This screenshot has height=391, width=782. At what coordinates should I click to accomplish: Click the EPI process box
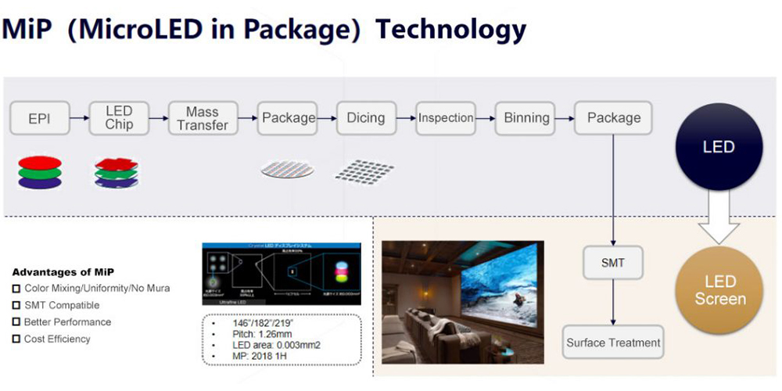click(x=39, y=118)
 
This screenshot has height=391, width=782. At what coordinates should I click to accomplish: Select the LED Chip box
click(x=119, y=118)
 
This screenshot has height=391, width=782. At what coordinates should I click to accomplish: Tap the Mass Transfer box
click(x=203, y=118)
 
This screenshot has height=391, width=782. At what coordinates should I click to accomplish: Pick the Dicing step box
click(x=366, y=118)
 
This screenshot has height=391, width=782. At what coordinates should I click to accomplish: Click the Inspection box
click(x=446, y=118)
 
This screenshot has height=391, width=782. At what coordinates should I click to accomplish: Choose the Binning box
click(x=526, y=118)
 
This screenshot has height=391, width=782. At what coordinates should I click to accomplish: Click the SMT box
click(x=613, y=263)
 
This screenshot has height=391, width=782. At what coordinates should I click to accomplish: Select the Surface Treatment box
click(x=613, y=343)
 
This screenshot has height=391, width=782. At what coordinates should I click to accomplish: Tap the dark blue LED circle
click(x=719, y=147)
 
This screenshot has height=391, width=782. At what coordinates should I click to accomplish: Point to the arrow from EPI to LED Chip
click(x=79, y=118)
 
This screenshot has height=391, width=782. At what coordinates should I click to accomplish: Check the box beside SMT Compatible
click(x=16, y=305)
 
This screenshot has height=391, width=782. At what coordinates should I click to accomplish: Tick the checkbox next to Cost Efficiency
click(x=16, y=339)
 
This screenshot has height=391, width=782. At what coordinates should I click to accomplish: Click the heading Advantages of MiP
click(x=63, y=272)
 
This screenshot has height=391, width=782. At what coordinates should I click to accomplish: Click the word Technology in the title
click(x=450, y=29)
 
